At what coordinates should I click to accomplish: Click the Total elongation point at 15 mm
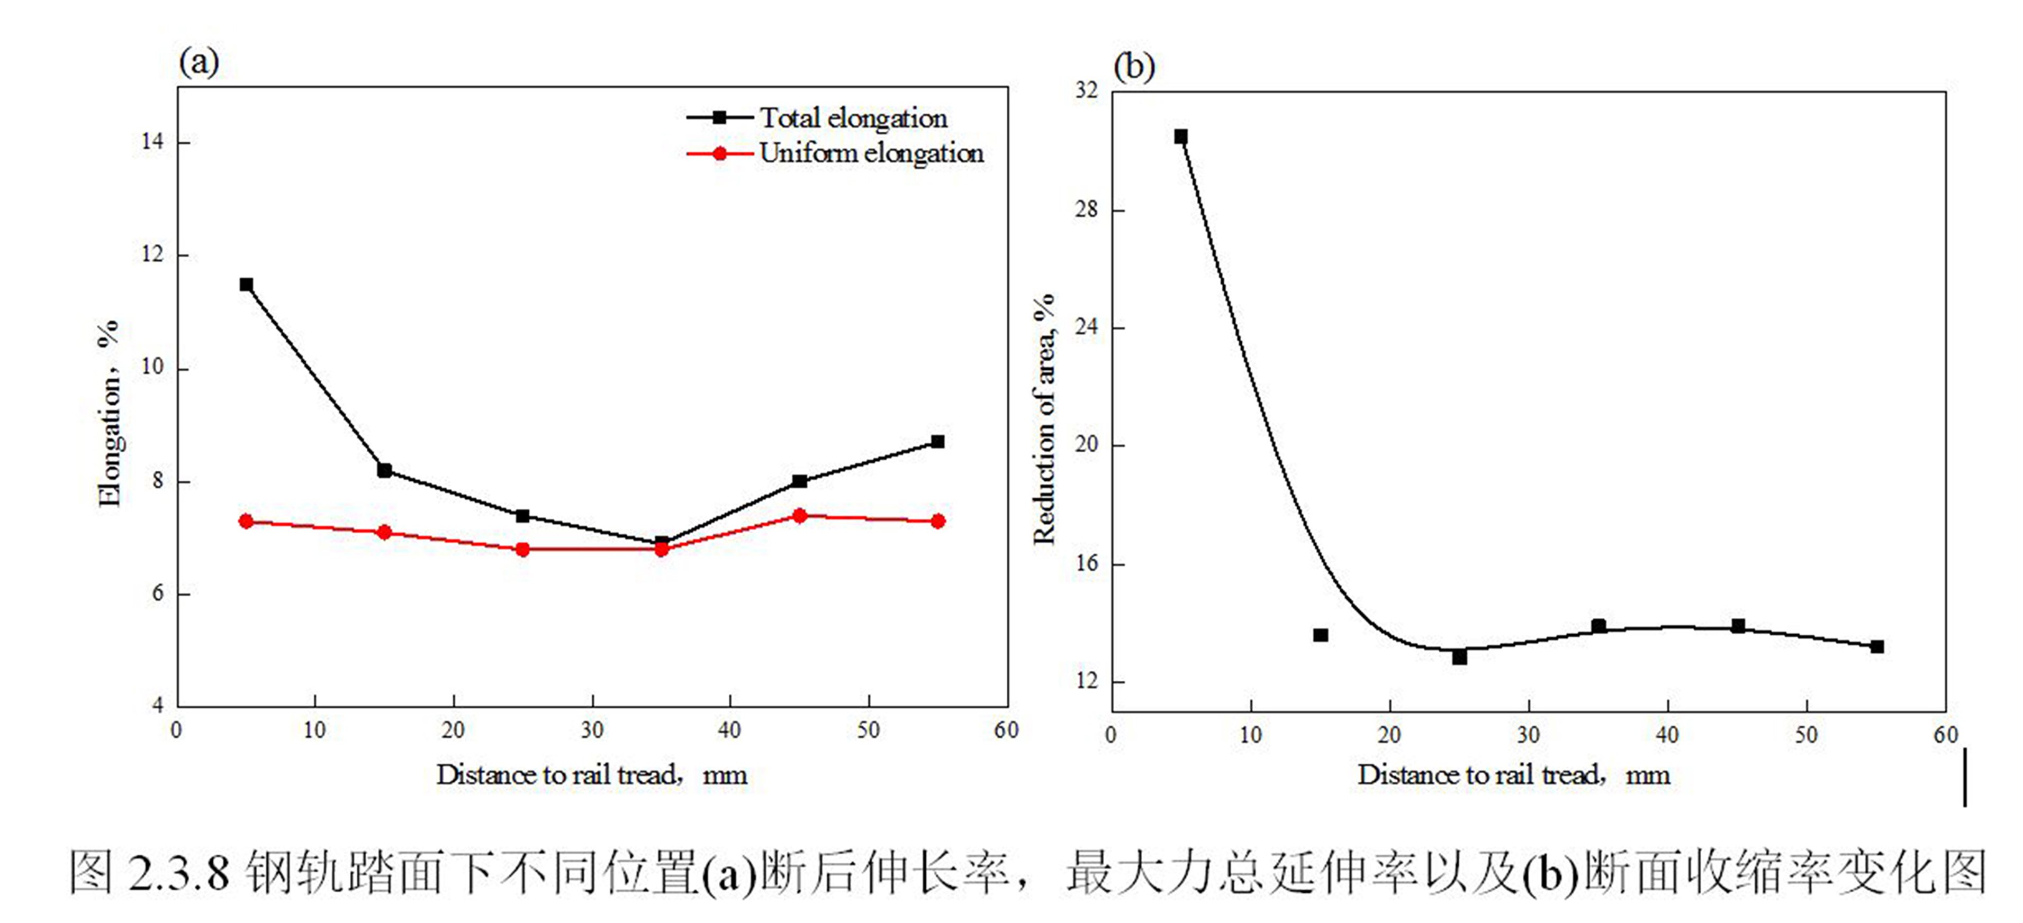click(385, 470)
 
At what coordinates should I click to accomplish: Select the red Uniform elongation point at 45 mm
click(799, 516)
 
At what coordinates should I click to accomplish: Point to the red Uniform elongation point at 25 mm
click(523, 550)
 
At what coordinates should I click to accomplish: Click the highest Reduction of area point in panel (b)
click(1181, 136)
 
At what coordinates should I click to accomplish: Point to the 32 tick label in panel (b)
click(1087, 91)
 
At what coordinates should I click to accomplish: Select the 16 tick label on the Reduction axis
click(1087, 563)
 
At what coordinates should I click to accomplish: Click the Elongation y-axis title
click(110, 413)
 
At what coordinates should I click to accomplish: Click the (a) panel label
click(198, 61)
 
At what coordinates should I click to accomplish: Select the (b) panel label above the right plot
click(1134, 66)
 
